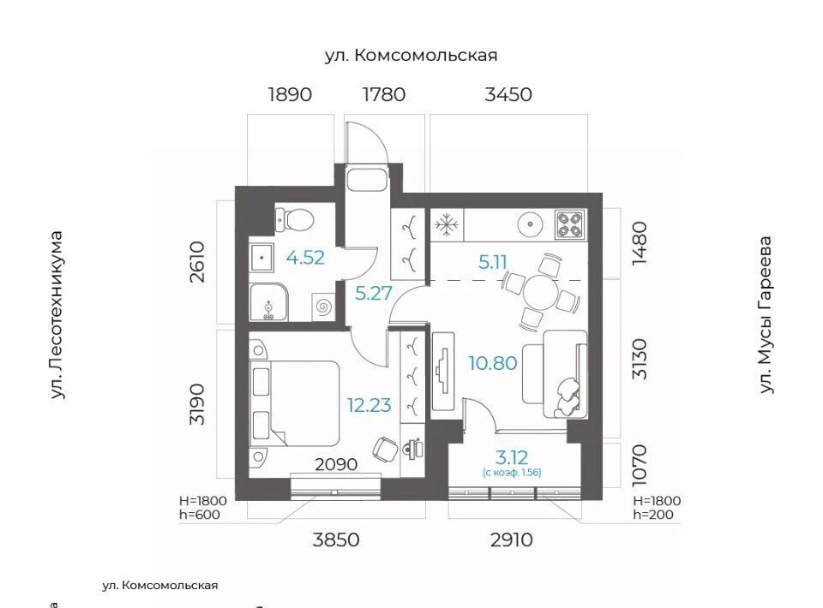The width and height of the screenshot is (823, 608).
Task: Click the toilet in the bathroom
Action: click(x=293, y=219)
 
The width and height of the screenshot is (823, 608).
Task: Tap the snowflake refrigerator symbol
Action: click(x=446, y=225)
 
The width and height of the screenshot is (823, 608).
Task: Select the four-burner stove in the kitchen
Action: click(x=569, y=224)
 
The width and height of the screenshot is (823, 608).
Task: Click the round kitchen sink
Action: click(x=531, y=225)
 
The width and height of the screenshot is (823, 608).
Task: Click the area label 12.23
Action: click(x=369, y=405)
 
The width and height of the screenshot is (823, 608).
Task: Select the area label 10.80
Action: click(x=493, y=363)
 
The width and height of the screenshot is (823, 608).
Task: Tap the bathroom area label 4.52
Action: click(x=305, y=258)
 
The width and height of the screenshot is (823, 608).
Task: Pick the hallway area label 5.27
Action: click(x=374, y=293)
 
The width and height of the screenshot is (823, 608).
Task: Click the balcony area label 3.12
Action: click(x=512, y=457)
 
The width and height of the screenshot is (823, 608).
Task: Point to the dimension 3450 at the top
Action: click(x=508, y=94)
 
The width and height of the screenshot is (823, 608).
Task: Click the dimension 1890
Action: click(x=290, y=94)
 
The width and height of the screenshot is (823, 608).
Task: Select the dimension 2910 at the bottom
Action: click(x=512, y=539)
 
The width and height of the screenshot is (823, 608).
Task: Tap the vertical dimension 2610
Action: click(x=198, y=261)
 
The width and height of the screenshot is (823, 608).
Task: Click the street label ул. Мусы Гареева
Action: click(x=766, y=314)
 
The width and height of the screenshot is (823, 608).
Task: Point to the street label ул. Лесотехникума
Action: click(x=57, y=315)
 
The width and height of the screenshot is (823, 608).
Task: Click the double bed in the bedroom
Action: click(x=294, y=403)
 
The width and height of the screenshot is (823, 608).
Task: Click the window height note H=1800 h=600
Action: click(x=203, y=507)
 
